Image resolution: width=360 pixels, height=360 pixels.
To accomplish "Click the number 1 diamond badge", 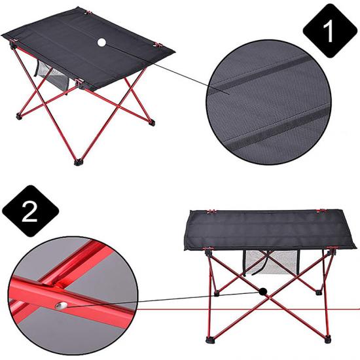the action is click(330, 31).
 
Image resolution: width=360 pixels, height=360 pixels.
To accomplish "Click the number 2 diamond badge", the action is click(30, 211).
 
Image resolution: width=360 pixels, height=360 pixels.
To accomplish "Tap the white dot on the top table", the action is click(101, 43).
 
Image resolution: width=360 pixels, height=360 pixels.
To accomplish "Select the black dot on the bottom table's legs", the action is click(262, 291).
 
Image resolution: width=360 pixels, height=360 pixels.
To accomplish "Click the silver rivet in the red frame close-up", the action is click(61, 306).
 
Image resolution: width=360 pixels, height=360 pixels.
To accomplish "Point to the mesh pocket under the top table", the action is click(52, 76).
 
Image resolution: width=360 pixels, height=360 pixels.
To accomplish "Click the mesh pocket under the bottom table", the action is click(271, 262).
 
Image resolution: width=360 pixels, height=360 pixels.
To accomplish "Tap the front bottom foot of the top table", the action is click(78, 162).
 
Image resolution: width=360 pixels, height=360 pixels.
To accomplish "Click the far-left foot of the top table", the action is click(18, 117).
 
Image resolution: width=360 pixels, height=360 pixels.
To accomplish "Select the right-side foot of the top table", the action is click(152, 122).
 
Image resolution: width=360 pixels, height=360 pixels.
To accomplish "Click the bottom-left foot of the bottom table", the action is click(209, 339).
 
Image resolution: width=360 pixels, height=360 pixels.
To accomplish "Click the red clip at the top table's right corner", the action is click(158, 45).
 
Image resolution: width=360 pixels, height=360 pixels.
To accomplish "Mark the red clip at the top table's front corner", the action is click(79, 82).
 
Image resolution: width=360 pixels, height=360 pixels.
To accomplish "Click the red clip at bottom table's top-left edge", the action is click(211, 211).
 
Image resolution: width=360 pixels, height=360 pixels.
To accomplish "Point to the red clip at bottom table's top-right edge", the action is click(323, 211).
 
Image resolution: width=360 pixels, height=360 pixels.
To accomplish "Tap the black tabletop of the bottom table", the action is click(270, 230).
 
